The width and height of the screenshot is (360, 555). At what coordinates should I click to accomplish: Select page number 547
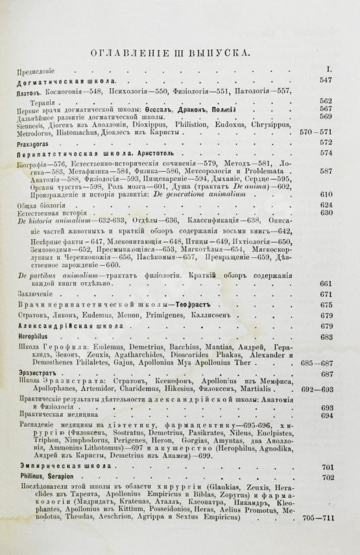pos(326,80)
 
